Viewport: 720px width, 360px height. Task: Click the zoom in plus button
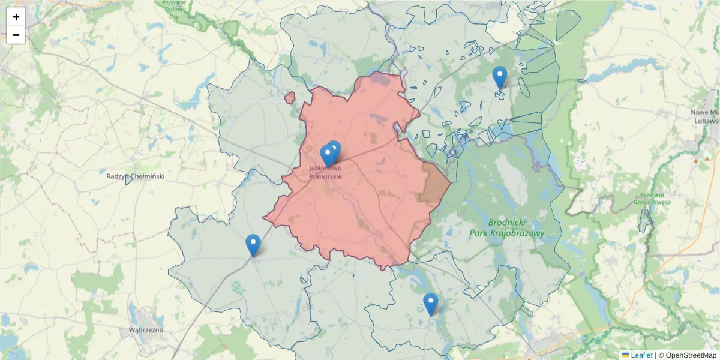[16, 17]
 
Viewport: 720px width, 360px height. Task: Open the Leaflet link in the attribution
[641, 355]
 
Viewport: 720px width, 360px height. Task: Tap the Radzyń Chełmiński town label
[135, 176]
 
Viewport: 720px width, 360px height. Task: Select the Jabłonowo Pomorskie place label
[326, 173]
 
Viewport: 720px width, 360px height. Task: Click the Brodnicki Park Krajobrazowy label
[508, 227]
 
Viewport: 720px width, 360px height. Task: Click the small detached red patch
[290, 97]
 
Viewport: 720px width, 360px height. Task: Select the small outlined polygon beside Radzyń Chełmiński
[128, 180]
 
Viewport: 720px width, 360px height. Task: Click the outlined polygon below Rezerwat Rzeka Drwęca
[645, 221]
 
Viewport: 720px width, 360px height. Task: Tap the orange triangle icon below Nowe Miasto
[696, 160]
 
